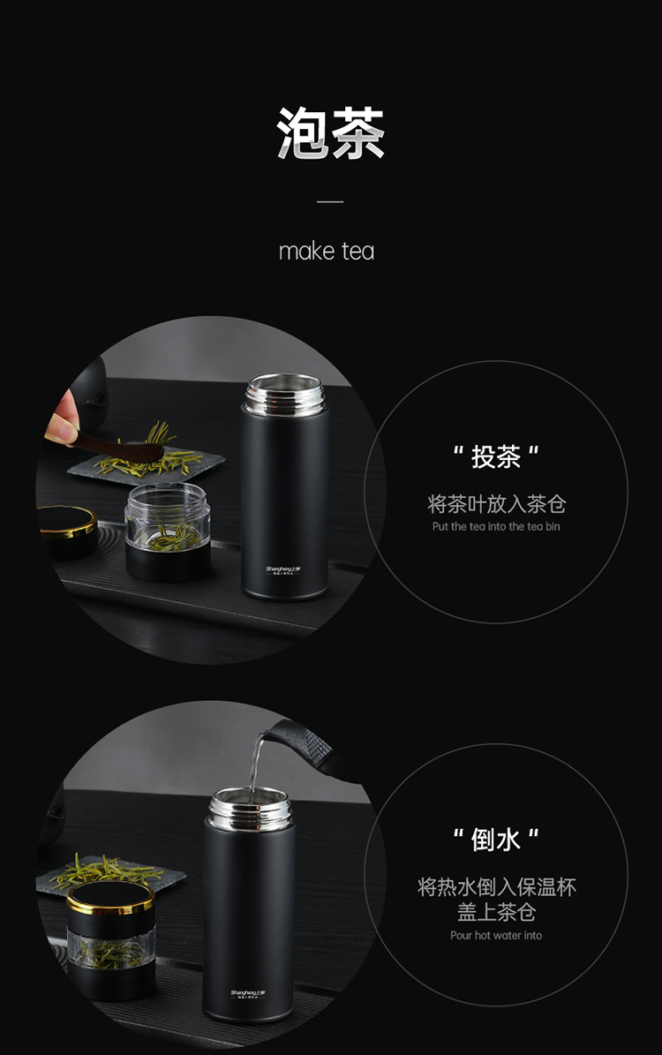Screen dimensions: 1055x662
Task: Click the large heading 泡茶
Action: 330,133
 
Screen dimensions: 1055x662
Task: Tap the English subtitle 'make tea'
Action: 327,252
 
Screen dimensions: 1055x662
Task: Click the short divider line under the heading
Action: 330,201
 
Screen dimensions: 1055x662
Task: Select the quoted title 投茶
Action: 496,457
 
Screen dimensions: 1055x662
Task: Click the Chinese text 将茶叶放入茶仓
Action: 496,504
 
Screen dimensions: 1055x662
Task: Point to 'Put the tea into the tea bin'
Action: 496,527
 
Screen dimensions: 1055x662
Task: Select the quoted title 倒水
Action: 496,840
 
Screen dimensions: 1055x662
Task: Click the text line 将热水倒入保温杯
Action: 496,887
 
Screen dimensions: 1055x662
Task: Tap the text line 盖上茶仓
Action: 496,912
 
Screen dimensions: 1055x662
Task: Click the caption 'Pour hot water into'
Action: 496,936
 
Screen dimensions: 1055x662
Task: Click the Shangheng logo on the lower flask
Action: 250,993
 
